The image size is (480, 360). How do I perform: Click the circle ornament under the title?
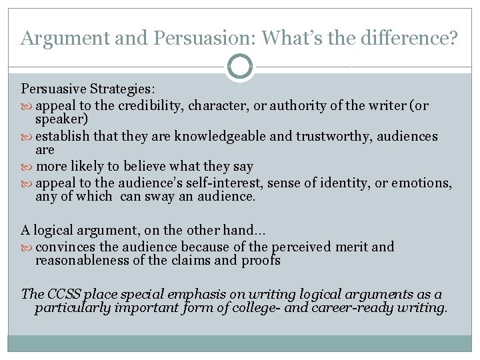(x=240, y=67)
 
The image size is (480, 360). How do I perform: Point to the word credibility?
(x=150, y=105)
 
